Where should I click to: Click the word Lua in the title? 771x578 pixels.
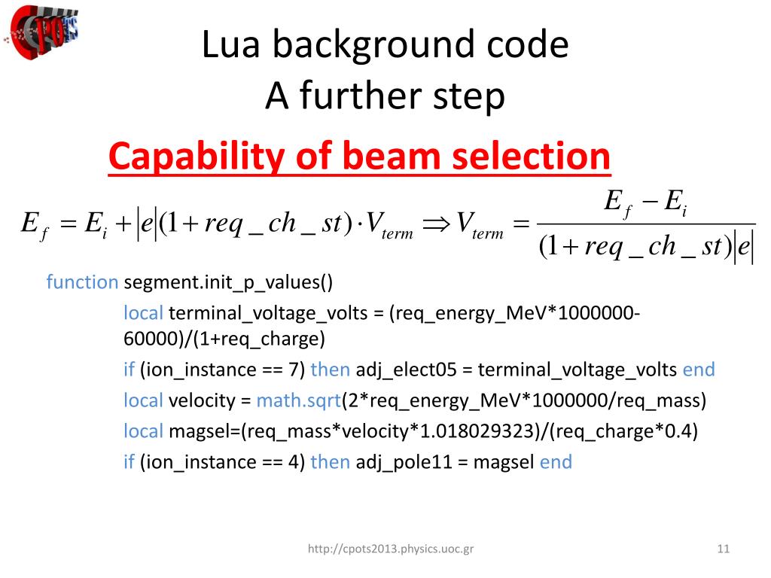coord(229,45)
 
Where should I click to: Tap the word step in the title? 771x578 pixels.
coord(469,97)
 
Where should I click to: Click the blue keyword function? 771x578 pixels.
coord(82,282)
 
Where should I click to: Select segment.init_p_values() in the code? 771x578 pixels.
coord(227,282)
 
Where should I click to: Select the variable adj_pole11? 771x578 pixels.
coord(410,461)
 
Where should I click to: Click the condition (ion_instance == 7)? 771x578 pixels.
coord(222,370)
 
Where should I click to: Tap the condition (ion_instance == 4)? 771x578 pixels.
coord(222,461)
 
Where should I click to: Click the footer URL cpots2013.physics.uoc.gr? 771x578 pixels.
coord(391,550)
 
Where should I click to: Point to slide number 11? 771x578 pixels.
coord(724,549)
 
